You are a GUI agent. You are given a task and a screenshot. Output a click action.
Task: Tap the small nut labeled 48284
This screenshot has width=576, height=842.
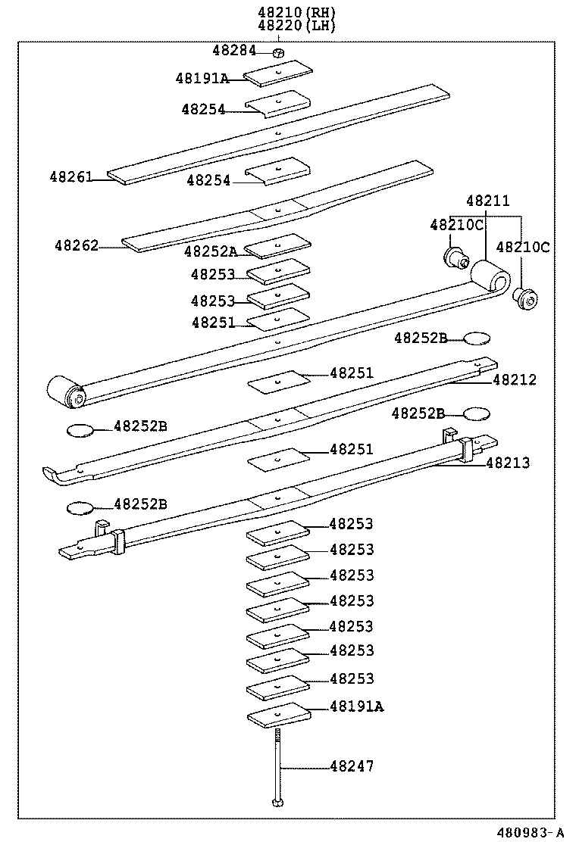278,51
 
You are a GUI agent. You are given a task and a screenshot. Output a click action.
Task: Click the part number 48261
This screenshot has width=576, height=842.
71,177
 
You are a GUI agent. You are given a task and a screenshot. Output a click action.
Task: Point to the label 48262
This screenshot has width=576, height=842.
76,245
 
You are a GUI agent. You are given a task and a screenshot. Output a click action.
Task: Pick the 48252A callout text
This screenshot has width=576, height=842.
210,251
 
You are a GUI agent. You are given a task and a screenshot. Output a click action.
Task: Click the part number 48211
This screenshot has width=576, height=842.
487,201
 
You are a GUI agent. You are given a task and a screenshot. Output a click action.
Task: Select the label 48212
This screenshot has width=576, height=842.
514,379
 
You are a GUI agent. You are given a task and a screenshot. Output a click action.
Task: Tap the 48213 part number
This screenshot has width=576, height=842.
508,462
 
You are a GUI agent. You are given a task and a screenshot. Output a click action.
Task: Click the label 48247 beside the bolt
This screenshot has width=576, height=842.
352,766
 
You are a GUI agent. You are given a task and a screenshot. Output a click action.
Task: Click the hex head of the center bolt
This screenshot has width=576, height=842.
278,802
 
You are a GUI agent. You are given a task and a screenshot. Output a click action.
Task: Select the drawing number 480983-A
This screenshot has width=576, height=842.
530,831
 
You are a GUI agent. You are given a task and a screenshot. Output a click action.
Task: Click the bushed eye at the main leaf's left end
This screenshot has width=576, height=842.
64,390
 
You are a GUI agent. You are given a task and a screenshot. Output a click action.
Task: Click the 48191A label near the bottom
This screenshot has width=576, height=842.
356,706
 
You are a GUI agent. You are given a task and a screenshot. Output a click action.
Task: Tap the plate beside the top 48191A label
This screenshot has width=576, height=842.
279,72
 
